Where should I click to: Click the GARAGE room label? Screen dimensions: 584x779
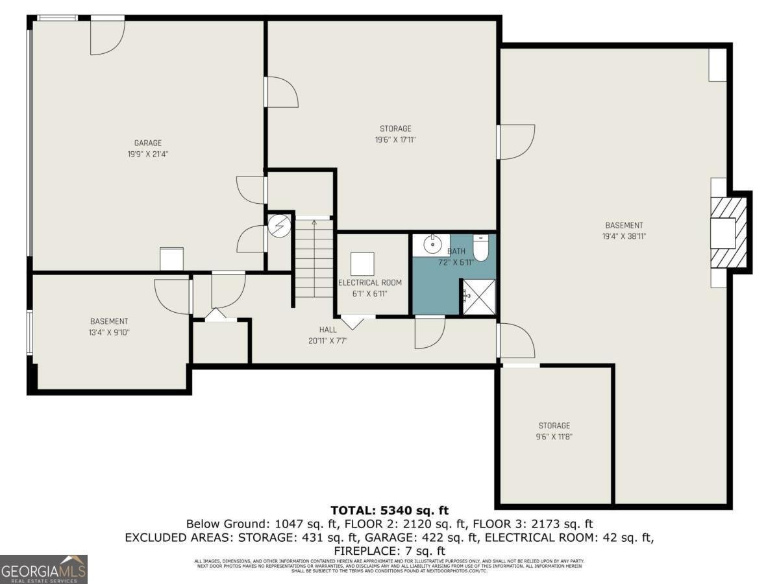[147, 143]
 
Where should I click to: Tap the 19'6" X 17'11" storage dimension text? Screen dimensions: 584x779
[395, 140]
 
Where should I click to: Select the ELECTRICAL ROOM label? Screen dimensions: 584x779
[369, 283]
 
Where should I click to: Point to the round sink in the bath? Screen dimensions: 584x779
[431, 245]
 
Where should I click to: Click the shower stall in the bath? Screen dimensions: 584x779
[478, 297]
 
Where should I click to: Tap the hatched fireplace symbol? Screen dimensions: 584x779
[730, 232]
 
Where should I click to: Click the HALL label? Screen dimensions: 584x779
[328, 330]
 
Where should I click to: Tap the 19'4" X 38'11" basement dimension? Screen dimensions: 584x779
[624, 236]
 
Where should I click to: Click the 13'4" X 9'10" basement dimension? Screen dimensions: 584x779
[108, 332]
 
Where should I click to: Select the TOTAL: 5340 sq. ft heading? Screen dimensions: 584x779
[389, 511]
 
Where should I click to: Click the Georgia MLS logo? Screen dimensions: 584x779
[43, 569]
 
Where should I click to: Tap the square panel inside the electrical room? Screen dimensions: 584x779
[362, 264]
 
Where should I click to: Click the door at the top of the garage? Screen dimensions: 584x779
[106, 36]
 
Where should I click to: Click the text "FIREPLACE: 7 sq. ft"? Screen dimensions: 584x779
[389, 551]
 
